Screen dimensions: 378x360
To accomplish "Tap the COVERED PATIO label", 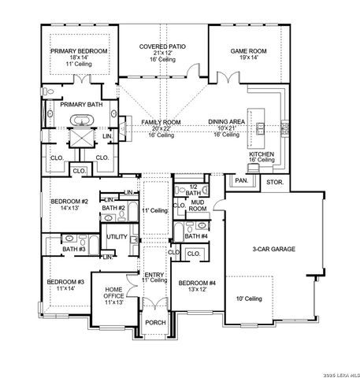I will pos(163,47).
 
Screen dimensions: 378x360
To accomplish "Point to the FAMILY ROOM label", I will pos(161,122).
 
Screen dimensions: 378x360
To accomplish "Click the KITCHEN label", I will pos(262,155).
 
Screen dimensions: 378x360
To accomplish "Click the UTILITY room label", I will pos(117,236).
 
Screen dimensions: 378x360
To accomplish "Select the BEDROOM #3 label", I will pos(65,281).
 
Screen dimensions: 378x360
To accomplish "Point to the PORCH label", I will pos(155,323).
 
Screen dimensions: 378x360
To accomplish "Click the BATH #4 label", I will pos(196,236).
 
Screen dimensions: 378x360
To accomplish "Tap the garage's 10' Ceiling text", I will pos(251,298).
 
